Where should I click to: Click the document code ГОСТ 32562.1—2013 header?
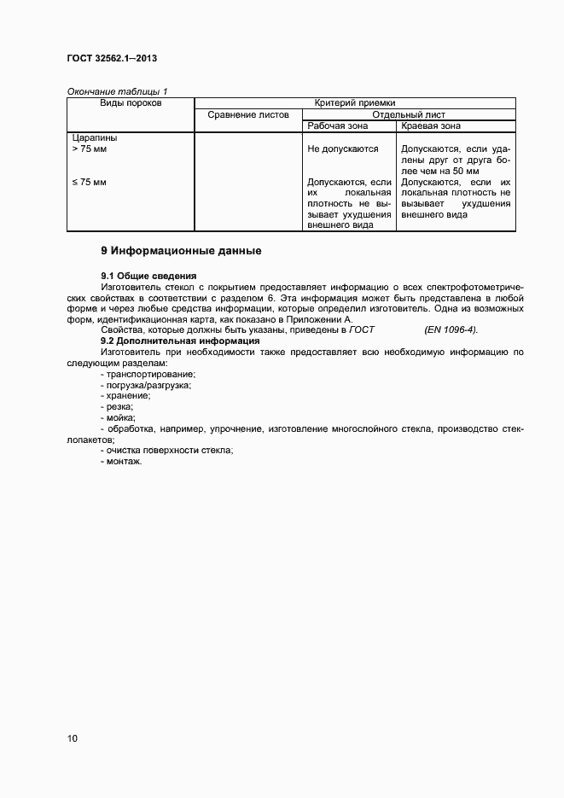112,59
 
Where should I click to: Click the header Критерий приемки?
355,102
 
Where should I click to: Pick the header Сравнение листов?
248,114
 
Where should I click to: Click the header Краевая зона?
431,125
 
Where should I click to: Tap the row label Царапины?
95,137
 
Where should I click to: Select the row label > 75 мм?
89,149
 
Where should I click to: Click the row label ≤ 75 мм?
89,182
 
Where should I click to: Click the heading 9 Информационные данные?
181,252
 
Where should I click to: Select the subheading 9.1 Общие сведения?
148,276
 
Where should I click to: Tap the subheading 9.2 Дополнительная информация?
180,341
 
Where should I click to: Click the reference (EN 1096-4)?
451,329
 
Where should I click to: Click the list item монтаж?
121,461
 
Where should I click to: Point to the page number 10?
72,738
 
